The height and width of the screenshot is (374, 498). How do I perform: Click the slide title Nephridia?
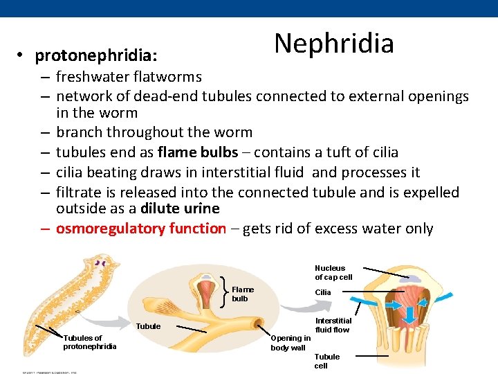(334, 43)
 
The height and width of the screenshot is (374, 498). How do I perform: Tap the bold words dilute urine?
(180, 208)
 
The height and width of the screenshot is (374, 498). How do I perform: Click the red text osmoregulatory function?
(140, 229)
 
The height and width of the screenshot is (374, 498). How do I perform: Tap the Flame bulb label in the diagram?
(243, 294)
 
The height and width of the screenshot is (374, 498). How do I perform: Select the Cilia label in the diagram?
(323, 292)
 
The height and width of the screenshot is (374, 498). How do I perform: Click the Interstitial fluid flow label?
(333, 325)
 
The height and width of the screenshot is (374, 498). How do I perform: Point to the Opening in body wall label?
(288, 343)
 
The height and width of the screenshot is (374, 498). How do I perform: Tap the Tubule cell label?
(326, 361)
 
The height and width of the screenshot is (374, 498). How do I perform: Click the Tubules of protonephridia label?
(90, 342)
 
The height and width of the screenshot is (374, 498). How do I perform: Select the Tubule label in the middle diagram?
(149, 326)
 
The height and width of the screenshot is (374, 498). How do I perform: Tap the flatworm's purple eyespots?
(102, 263)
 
